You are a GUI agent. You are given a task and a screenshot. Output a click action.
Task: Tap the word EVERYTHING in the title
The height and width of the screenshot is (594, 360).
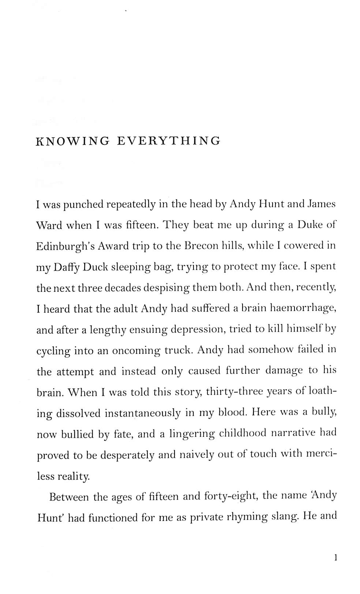tap(169, 141)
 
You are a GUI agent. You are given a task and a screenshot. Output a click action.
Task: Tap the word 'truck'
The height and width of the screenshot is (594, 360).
tap(177, 350)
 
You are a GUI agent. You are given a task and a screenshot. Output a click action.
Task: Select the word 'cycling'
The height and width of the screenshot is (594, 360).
tap(53, 351)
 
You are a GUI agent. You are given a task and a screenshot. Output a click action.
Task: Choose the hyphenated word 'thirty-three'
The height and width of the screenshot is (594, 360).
tap(234, 392)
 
